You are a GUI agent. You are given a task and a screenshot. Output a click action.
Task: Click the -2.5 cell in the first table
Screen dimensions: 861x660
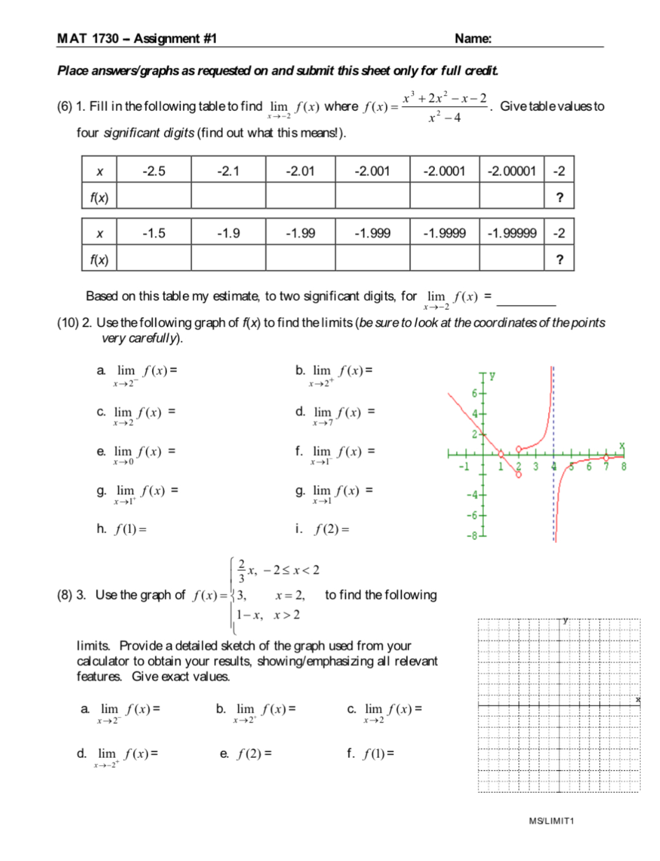point(154,171)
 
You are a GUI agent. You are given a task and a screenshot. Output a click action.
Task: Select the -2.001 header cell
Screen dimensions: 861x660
point(372,171)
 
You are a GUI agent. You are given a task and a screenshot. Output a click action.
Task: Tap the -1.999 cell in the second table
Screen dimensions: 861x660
point(372,233)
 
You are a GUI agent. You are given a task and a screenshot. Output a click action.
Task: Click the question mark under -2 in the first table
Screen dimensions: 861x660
point(559,197)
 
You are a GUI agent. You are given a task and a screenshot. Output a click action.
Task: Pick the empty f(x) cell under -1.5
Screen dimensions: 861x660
point(154,259)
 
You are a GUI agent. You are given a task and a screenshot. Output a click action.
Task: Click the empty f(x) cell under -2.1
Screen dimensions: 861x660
point(228,197)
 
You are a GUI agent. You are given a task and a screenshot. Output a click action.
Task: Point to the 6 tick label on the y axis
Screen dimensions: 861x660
point(474,393)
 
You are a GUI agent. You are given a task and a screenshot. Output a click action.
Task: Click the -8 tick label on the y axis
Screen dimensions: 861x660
point(472,536)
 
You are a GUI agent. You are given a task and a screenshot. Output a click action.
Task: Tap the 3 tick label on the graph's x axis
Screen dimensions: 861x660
point(536,466)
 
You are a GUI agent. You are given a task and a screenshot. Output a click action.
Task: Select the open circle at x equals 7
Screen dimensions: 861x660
point(606,457)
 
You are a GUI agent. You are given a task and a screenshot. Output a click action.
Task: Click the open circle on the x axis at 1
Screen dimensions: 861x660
point(501,454)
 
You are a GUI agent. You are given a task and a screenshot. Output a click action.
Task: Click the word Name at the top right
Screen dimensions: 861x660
point(472,39)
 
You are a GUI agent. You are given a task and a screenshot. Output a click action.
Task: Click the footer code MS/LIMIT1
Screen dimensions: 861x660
point(551,821)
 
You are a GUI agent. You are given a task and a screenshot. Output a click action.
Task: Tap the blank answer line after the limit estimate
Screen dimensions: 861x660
point(527,301)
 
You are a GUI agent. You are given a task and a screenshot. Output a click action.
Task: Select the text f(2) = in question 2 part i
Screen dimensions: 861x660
point(332,529)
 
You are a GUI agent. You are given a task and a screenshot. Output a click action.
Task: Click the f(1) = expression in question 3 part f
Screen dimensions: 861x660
point(378,754)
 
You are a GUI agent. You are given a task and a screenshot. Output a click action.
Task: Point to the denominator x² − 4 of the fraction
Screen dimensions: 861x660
point(445,118)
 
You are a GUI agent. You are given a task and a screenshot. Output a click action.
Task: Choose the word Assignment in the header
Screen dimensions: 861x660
point(167,39)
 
